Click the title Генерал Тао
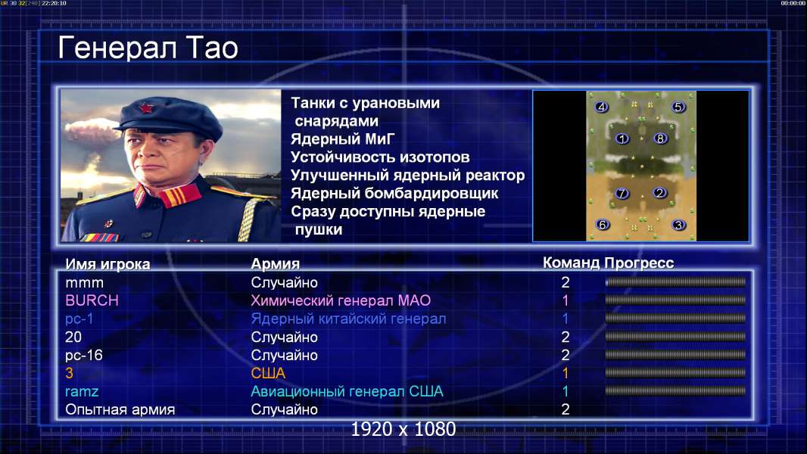(x=148, y=48)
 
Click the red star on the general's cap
(x=146, y=108)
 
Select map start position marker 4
(x=601, y=107)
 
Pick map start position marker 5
(x=678, y=107)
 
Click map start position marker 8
(x=660, y=138)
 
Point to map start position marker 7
(x=622, y=193)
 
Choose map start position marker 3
(x=679, y=225)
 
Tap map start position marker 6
(x=603, y=225)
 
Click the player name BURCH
(x=92, y=300)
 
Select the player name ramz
(x=82, y=392)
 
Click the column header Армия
(x=276, y=264)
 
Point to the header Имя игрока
(x=107, y=264)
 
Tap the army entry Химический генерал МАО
(x=341, y=300)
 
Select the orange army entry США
(x=268, y=373)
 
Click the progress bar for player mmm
(x=675, y=282)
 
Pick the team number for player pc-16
(x=565, y=356)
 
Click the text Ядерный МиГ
(x=343, y=139)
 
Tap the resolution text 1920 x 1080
(x=403, y=429)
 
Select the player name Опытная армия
(x=120, y=410)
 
